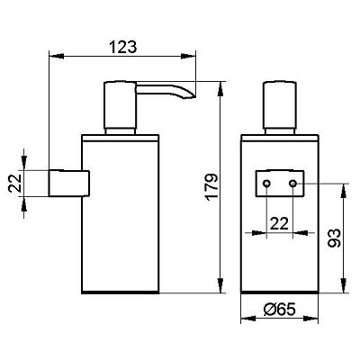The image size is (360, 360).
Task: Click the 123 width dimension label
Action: click(122, 47)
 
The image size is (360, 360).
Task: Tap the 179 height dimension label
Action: click(211, 186)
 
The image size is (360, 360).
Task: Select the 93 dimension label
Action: click(334, 238)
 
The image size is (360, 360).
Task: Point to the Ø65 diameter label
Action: click(280, 309)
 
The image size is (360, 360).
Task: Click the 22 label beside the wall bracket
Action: click(15, 183)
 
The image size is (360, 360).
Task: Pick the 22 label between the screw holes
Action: click(279, 223)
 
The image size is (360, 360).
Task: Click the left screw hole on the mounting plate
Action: click(266, 183)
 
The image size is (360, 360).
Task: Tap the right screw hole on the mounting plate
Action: click(293, 183)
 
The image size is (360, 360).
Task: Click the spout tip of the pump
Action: click(193, 96)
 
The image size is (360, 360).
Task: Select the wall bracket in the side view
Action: click(69, 184)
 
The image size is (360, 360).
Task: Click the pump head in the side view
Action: click(120, 104)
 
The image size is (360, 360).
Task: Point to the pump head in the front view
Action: click(280, 104)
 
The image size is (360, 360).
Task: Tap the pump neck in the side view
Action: click(120, 131)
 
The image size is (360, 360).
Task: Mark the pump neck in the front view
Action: click(280, 131)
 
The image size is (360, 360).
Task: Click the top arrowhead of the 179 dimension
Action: click(220, 88)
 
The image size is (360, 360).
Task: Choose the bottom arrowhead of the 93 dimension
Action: click(343, 285)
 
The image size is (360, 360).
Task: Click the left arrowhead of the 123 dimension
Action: click(57, 56)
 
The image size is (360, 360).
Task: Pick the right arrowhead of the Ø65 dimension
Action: click(310, 319)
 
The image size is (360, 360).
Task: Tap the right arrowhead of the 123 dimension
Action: click(188, 56)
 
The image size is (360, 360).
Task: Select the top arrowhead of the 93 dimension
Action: click(343, 191)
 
